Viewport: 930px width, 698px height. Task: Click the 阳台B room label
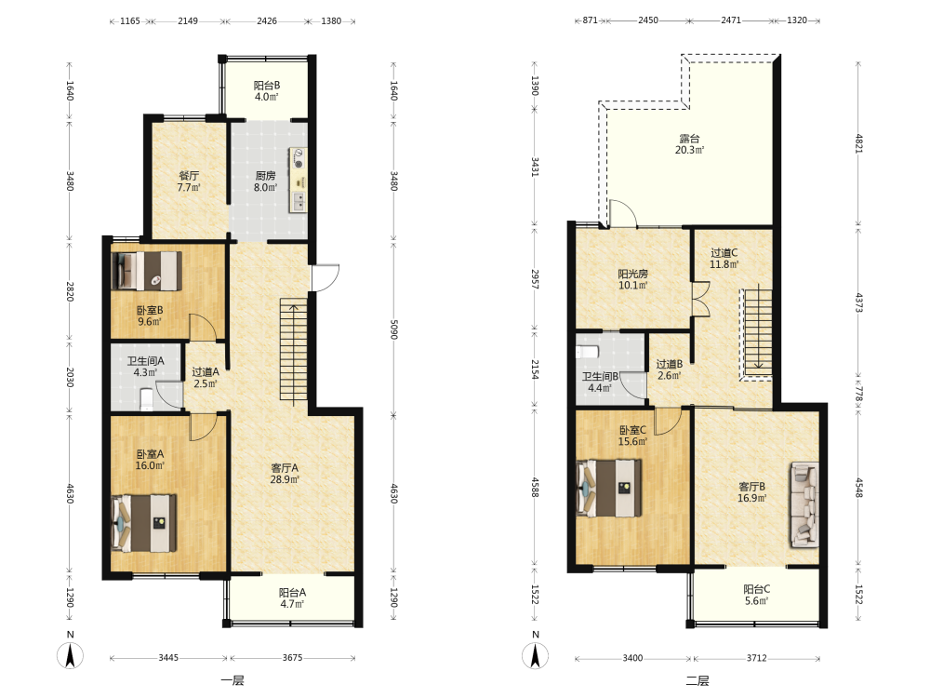pos(267,86)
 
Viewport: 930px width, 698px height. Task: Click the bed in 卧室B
pos(147,271)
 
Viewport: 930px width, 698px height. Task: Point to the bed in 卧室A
pos(144,523)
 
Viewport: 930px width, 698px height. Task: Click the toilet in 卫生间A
pos(147,399)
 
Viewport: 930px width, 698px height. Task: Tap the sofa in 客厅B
pos(804,504)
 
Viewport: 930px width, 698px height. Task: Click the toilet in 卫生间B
pos(587,352)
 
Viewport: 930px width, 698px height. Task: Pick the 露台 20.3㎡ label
pos(689,144)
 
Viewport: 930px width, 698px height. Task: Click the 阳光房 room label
pos(632,274)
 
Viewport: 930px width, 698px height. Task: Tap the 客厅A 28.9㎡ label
pos(285,474)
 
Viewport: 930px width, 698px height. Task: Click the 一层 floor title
pos(232,681)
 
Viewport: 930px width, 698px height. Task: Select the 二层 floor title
pos(697,681)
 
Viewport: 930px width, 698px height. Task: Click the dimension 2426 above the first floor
pos(267,20)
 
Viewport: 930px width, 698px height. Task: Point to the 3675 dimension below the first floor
pos(292,658)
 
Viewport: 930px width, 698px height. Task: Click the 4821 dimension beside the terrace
pos(858,143)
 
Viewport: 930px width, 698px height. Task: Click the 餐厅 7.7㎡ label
pos(189,181)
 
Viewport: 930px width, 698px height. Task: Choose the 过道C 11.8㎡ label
pos(724,259)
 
